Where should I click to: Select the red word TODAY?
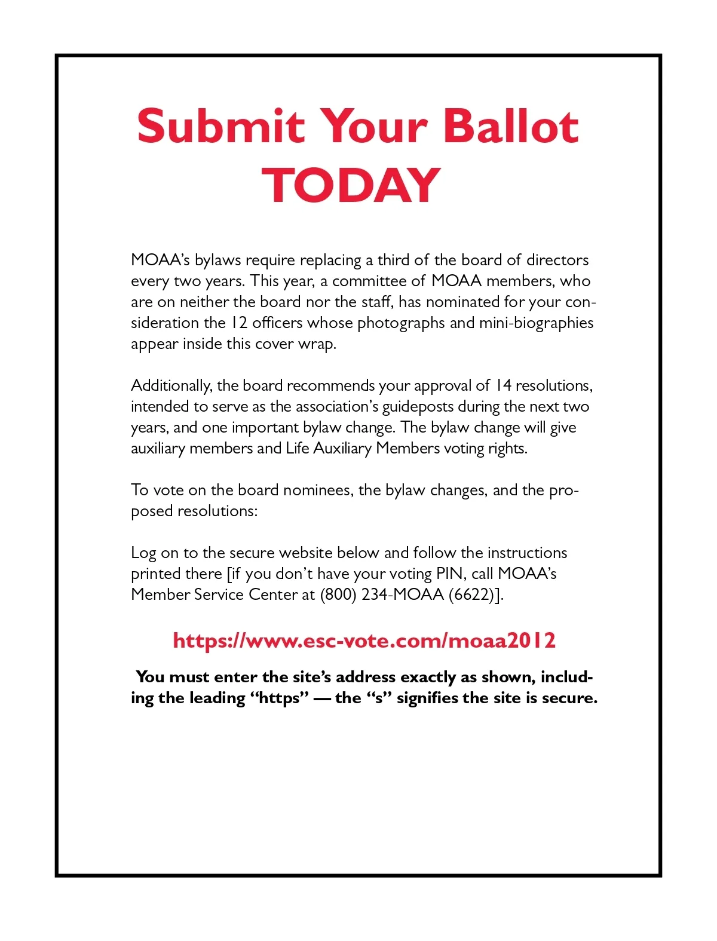click(351, 185)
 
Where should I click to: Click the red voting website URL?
click(364, 640)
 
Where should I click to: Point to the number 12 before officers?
click(239, 323)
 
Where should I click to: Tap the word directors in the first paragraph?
click(557, 260)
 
